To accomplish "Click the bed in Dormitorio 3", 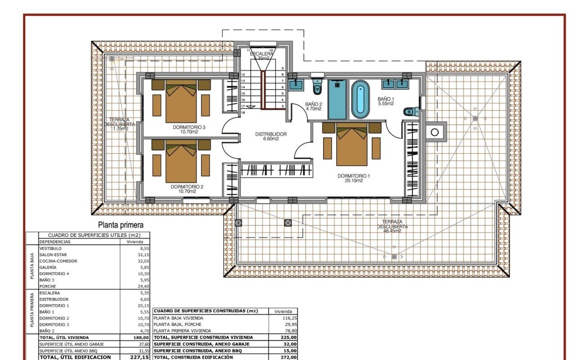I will [x=181, y=101].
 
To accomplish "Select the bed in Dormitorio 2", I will [x=181, y=161].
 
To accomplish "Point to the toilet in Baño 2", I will [x=317, y=87].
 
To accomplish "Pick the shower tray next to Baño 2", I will [x=337, y=99].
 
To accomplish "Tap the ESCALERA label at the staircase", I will [x=261, y=54].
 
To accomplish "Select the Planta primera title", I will [x=121, y=225].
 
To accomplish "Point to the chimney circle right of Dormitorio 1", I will [x=434, y=132].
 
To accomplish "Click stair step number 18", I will [x=243, y=112].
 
